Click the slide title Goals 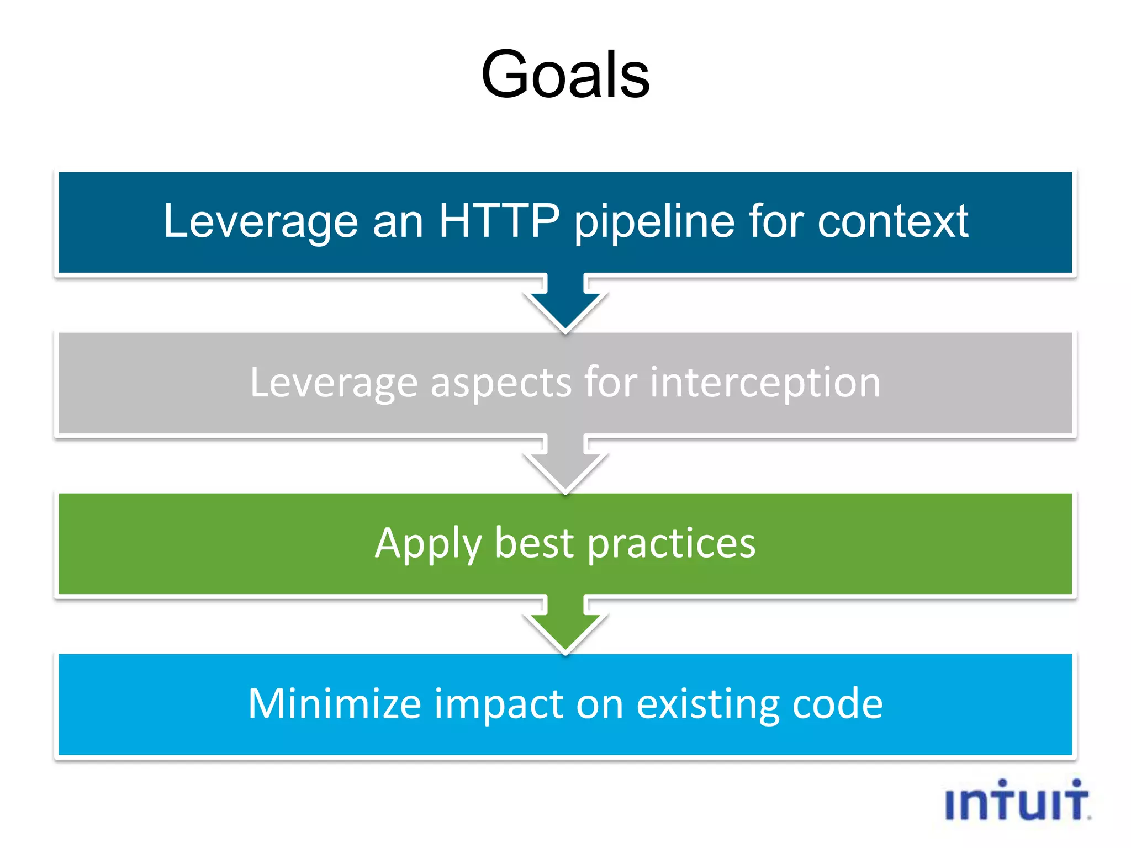[x=565, y=75]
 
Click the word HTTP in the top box [x=499, y=221]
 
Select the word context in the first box [x=892, y=221]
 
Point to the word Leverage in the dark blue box [x=261, y=221]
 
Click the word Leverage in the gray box [x=334, y=382]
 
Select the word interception [x=765, y=383]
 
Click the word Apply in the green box [x=428, y=544]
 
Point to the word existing [x=708, y=705]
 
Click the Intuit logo [x=1017, y=801]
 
